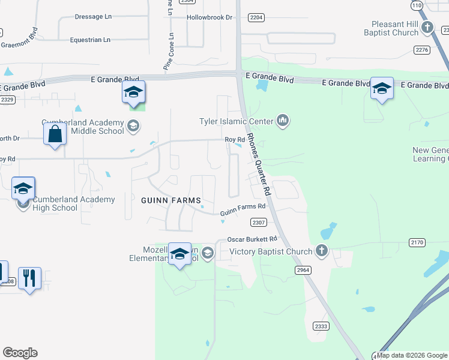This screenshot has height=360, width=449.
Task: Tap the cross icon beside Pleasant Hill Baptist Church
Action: (x=427, y=27)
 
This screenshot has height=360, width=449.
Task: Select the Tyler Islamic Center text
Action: (x=237, y=122)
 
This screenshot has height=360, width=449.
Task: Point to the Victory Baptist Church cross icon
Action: (x=322, y=251)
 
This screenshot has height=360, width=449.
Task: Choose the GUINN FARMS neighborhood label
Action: (x=170, y=199)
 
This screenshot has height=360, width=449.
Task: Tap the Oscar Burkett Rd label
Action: (x=251, y=239)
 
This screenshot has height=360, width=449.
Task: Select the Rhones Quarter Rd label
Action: (x=259, y=163)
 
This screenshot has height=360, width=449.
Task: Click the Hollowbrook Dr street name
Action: (x=209, y=18)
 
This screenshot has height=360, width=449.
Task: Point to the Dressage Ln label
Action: (x=93, y=17)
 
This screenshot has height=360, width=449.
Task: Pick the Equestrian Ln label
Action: (x=90, y=40)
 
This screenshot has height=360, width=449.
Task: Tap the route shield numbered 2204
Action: (x=256, y=18)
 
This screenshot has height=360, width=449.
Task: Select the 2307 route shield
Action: (x=259, y=223)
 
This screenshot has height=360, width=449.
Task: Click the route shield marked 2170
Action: (x=417, y=242)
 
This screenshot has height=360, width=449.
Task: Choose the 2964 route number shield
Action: (x=304, y=271)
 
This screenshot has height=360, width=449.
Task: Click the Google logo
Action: (x=20, y=353)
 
